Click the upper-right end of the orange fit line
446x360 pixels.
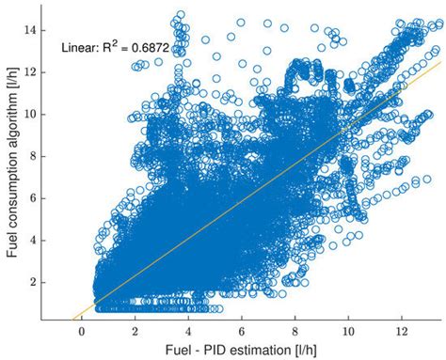click(440, 62)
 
